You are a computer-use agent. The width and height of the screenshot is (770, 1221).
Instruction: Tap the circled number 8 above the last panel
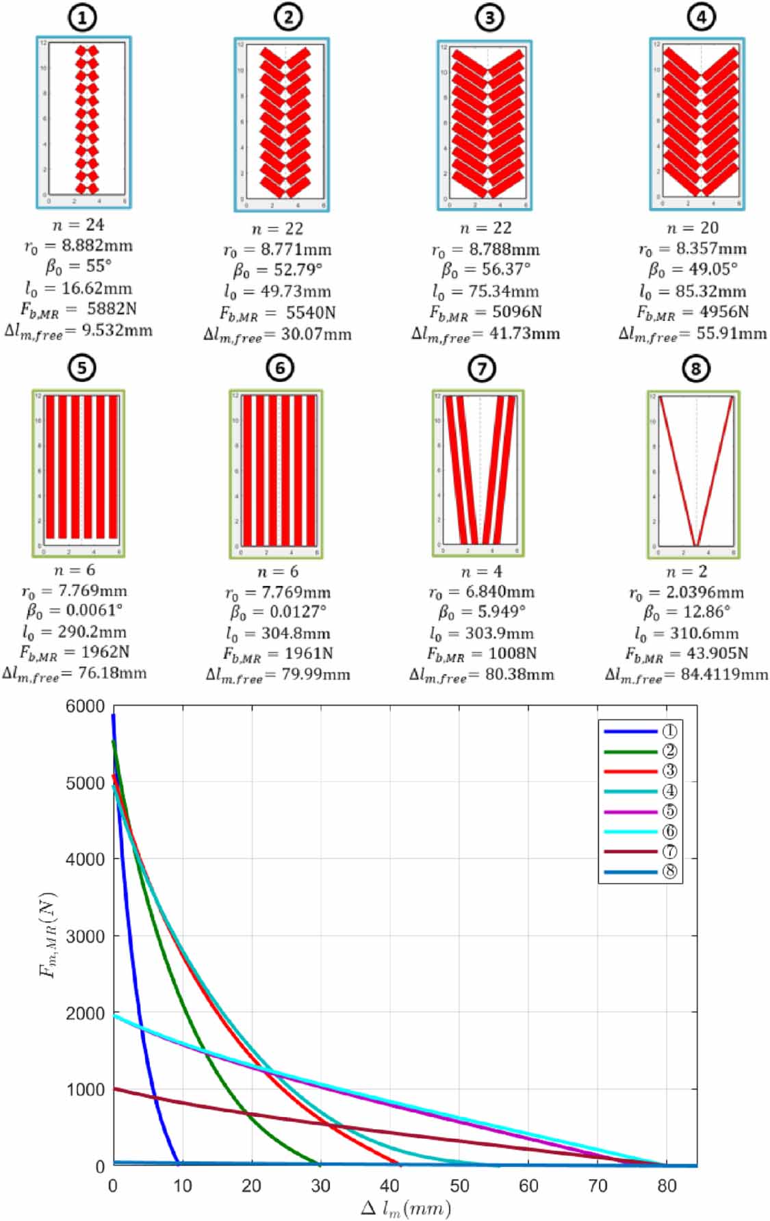[x=695, y=369]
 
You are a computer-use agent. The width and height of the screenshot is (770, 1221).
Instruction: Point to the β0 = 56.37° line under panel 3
[x=486, y=270]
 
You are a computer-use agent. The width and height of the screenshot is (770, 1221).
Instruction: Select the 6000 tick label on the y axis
[x=86, y=706]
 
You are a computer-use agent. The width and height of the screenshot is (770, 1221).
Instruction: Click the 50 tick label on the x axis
[x=459, y=1185]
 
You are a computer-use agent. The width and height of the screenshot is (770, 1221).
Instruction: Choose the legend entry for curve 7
[x=640, y=851]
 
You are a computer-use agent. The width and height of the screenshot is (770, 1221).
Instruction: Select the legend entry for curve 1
[x=640, y=731]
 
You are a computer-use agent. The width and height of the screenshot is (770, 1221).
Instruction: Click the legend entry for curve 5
[x=640, y=811]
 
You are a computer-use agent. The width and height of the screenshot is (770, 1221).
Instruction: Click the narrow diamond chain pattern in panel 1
[x=87, y=120]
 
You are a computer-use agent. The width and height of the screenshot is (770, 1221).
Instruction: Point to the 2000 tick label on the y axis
[x=86, y=1013]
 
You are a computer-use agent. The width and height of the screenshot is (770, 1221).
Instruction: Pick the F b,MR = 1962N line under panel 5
[x=75, y=653]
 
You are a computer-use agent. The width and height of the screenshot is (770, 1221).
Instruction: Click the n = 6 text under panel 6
[x=277, y=571]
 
